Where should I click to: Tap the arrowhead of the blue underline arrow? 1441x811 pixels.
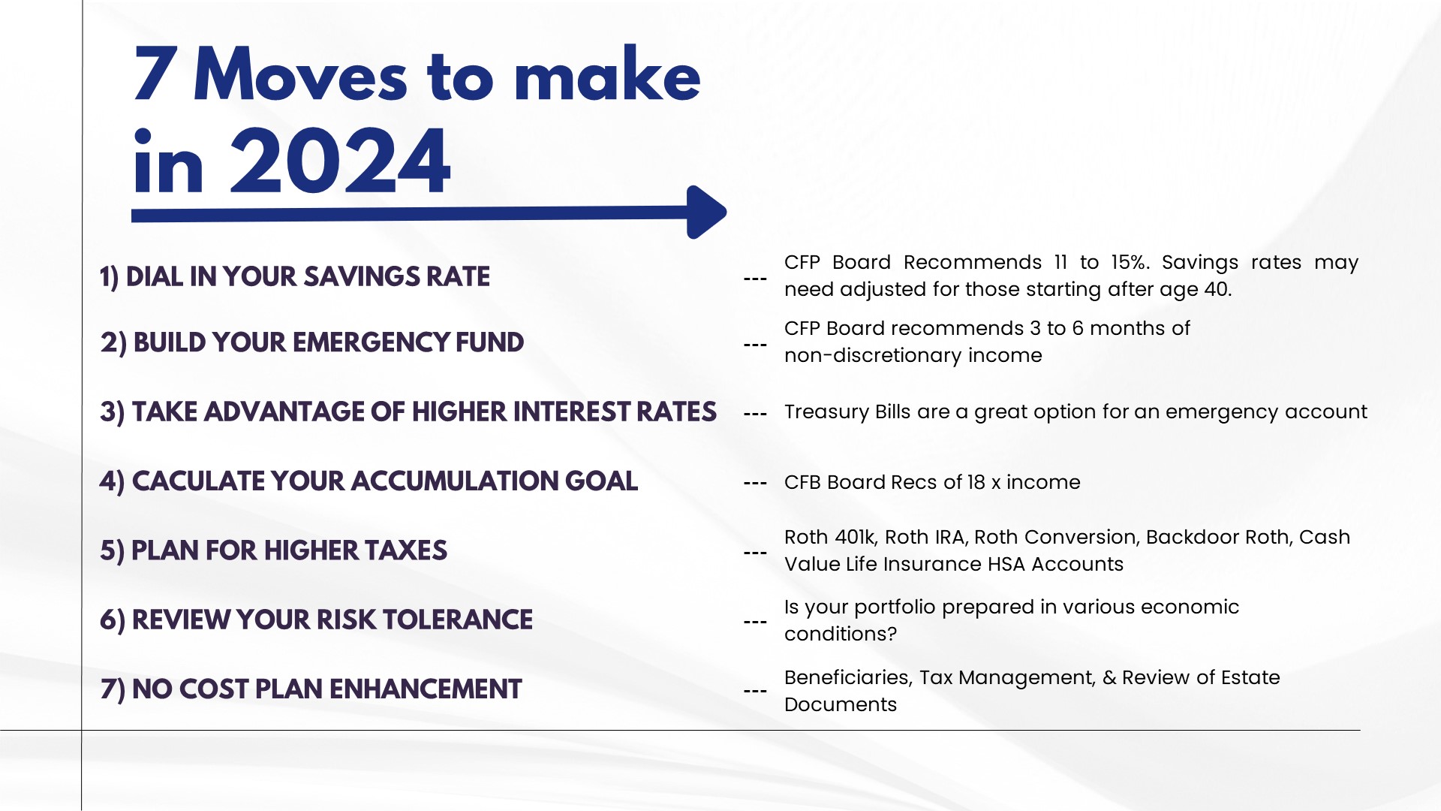pyautogui.click(x=706, y=213)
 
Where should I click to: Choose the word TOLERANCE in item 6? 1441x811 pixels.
pyautogui.click(x=457, y=620)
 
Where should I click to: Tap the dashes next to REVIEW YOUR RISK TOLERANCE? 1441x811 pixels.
pyautogui.click(x=755, y=622)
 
